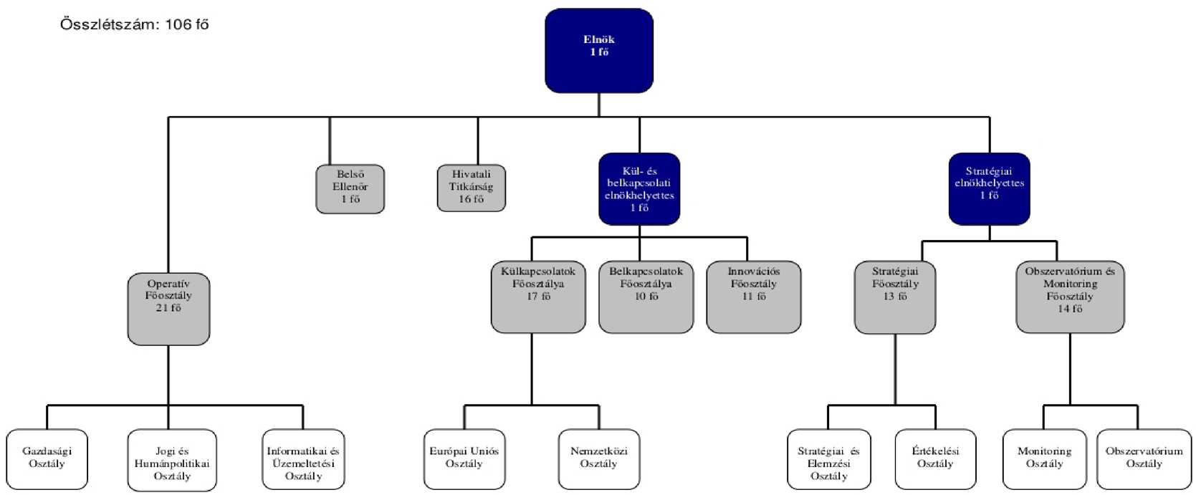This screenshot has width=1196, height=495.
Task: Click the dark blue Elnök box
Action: (598, 50)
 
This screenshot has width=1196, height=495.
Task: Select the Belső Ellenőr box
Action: (350, 188)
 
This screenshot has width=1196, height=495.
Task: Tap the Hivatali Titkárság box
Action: (471, 188)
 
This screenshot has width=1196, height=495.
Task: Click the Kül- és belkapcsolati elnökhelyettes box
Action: (638, 188)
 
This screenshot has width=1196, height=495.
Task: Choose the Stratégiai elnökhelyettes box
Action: (989, 188)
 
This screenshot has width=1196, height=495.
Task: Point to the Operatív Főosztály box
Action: (168, 308)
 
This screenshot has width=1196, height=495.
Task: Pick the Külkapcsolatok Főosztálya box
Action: (537, 297)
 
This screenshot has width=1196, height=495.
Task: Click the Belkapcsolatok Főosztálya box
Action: (646, 297)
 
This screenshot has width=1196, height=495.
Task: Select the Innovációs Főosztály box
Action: (753, 297)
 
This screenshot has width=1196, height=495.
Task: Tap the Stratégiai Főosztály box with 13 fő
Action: (894, 297)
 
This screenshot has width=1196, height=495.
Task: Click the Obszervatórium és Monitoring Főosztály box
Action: (1069, 297)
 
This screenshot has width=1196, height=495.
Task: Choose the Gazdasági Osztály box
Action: (47, 459)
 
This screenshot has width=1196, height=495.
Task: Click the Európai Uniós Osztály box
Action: (464, 459)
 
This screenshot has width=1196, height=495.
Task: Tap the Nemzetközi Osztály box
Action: (598, 459)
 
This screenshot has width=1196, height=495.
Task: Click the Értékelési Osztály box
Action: (935, 459)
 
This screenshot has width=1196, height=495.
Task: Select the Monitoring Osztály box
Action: (1044, 459)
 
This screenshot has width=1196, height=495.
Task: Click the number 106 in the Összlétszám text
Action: (178, 24)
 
